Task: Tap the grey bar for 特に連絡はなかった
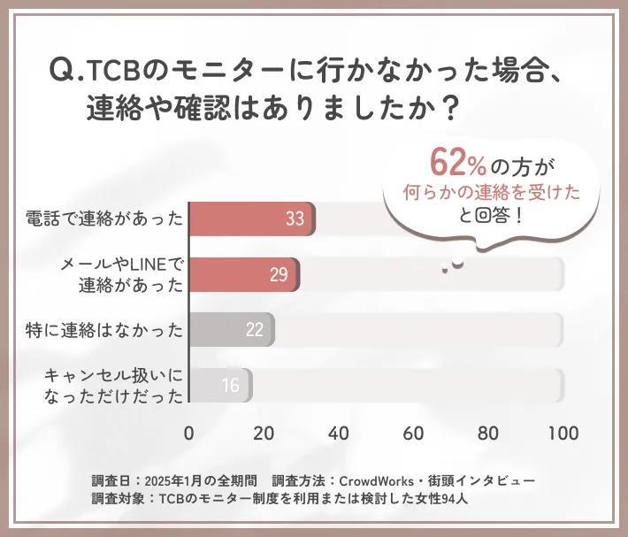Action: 231,330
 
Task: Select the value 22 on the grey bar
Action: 255,331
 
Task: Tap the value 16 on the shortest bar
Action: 231,386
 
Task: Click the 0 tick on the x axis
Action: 189,433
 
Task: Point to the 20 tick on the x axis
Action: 264,433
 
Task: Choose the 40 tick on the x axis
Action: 338,433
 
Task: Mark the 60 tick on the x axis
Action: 412,433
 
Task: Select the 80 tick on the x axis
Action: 487,433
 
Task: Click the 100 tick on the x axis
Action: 563,433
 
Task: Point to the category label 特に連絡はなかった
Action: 104,331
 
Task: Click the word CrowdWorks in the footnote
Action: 371,480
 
